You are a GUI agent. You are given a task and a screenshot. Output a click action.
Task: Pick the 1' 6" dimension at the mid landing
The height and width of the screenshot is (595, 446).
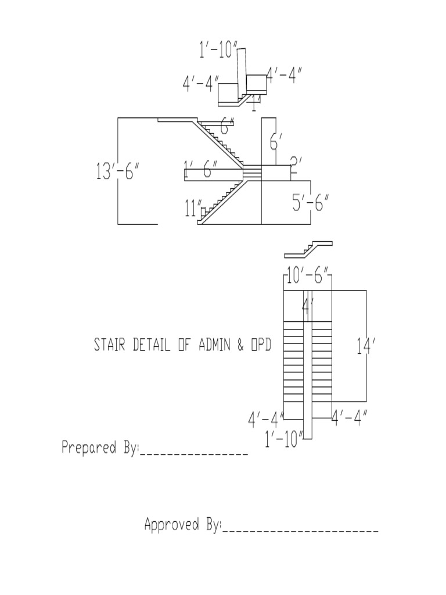pos(200,170)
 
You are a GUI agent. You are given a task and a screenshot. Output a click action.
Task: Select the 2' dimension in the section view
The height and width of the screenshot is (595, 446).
pos(296,166)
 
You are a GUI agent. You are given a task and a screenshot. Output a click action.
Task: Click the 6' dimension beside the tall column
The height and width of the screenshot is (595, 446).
pos(276,141)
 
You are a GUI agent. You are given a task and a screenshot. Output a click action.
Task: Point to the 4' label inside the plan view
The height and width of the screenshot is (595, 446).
pos(308,304)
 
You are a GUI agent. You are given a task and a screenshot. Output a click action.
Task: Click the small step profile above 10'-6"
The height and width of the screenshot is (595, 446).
pos(308,249)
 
